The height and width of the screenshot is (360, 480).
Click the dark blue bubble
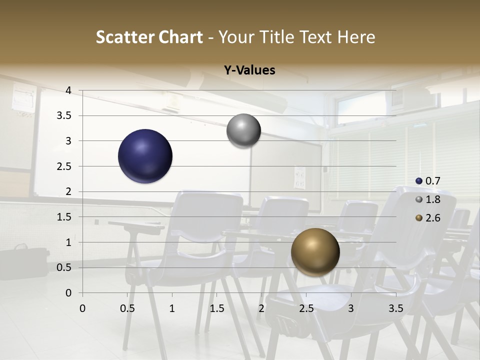click(x=145, y=156)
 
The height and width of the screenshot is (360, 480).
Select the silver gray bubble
click(x=243, y=130)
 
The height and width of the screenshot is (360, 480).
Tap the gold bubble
click(x=315, y=252)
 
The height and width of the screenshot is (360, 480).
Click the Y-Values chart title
click(x=249, y=70)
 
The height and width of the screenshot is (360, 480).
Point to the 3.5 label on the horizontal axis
click(x=395, y=308)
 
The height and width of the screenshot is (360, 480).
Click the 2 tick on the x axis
click(x=261, y=308)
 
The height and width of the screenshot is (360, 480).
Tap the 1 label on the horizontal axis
click(x=172, y=308)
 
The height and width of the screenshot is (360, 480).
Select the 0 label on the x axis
click(x=82, y=308)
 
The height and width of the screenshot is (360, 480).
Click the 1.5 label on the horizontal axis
click(x=216, y=308)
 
